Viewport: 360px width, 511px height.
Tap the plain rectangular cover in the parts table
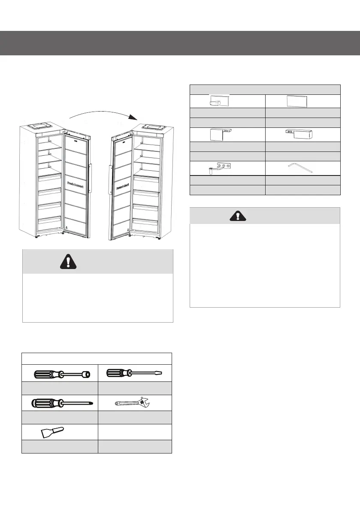coord(297,101)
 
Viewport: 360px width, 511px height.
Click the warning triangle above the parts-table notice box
coord(237,215)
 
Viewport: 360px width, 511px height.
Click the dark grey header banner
coord(180,43)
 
